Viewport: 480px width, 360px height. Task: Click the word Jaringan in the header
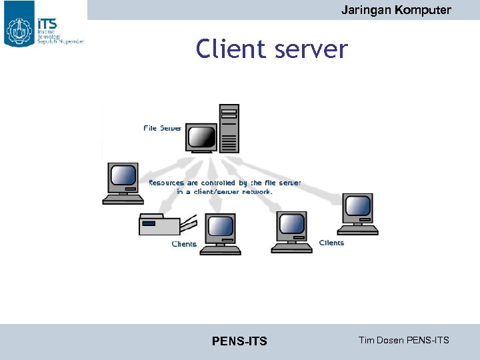[x=364, y=10]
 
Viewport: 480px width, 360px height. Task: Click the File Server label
[x=163, y=127]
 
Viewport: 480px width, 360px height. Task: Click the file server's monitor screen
[x=201, y=137]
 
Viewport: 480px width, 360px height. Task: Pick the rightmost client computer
[x=358, y=213]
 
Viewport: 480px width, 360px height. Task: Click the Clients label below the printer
[x=184, y=244]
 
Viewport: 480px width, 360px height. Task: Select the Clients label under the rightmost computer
[x=331, y=243]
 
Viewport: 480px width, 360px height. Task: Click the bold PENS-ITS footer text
[x=239, y=341]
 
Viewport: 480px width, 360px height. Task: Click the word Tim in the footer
[x=367, y=340]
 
